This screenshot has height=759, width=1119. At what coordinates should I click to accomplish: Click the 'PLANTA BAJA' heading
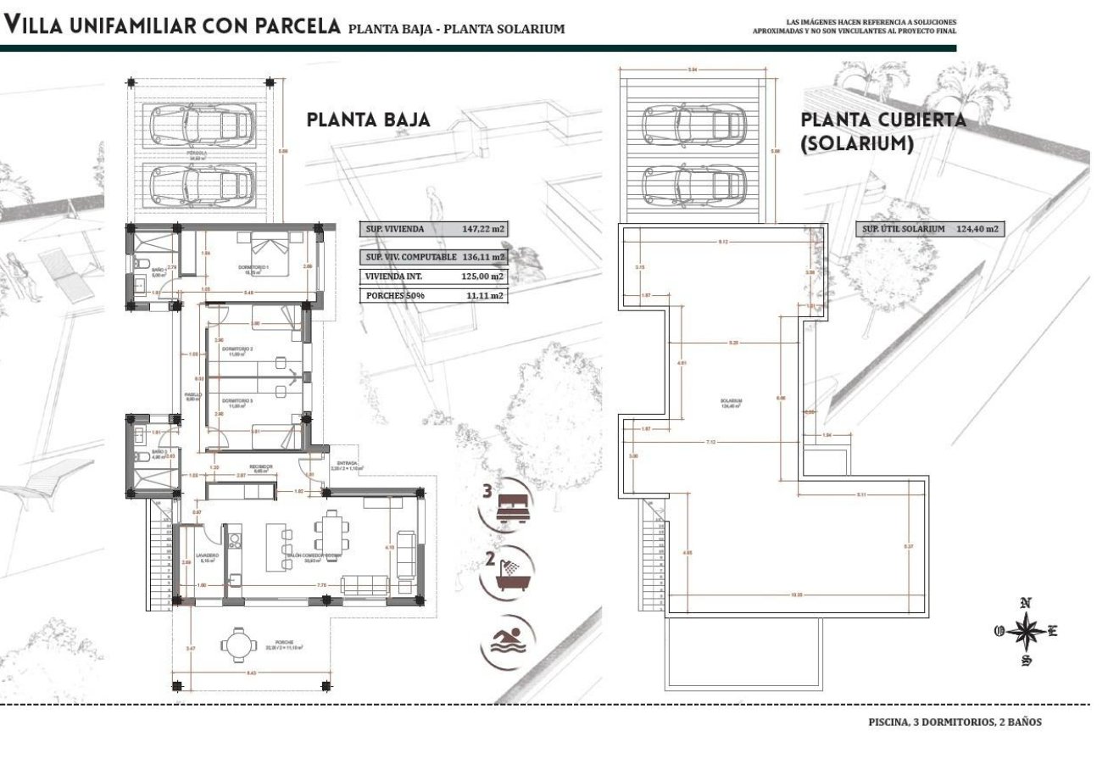(x=368, y=120)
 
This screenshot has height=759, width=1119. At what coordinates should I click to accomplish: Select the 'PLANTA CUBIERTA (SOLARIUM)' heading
(x=882, y=132)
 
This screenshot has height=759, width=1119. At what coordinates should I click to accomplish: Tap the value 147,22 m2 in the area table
(x=483, y=229)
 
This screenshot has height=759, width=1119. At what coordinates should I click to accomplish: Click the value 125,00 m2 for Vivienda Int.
(x=483, y=276)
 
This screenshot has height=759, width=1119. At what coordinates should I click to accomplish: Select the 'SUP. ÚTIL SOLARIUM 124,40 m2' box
(x=929, y=229)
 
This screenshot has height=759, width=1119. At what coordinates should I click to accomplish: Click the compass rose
(x=1026, y=632)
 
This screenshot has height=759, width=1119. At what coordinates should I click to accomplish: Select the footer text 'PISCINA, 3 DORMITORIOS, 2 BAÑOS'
(x=955, y=723)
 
